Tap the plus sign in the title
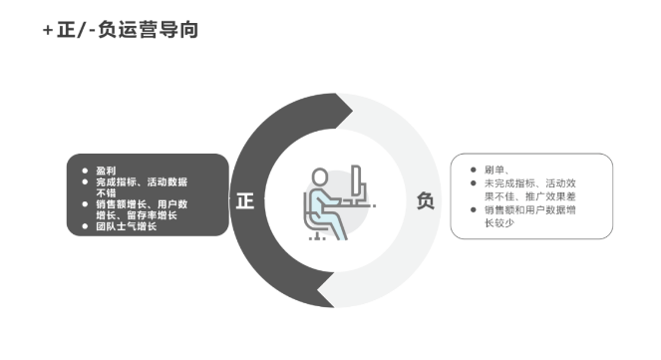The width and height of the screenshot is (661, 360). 48,31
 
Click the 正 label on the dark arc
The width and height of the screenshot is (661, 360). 245,200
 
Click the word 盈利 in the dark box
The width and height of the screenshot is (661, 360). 106,171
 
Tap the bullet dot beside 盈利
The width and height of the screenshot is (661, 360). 85,171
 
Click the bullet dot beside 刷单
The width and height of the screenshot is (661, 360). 473,171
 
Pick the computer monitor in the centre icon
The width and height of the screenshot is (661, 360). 356,186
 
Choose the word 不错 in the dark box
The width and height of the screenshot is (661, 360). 106,192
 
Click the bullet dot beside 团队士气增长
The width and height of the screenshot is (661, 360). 85,226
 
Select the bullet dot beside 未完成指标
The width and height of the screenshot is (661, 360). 473,183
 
